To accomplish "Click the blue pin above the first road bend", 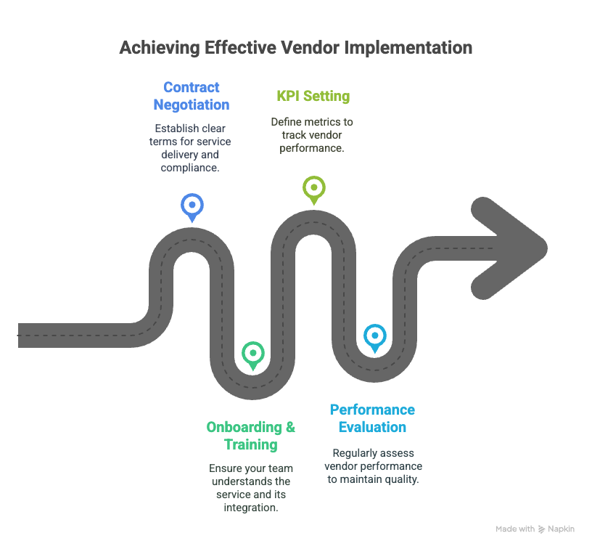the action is tap(192, 208).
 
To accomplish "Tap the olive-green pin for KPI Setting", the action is tap(313, 190).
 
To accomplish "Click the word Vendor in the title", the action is tap(310, 48).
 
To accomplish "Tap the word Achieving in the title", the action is tap(160, 49).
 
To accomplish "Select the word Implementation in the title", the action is tap(408, 49).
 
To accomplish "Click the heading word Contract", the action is tap(192, 87).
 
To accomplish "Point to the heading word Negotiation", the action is tap(192, 105).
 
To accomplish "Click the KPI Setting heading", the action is tap(313, 96).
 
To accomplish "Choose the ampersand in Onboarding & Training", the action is tap(290, 427).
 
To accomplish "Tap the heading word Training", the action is tap(251, 444).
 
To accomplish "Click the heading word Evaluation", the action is tap(372, 427).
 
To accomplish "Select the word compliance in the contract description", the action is tap(190, 168).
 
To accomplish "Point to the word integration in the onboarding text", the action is tap(251, 508).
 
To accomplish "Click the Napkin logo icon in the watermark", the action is tap(541, 529).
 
